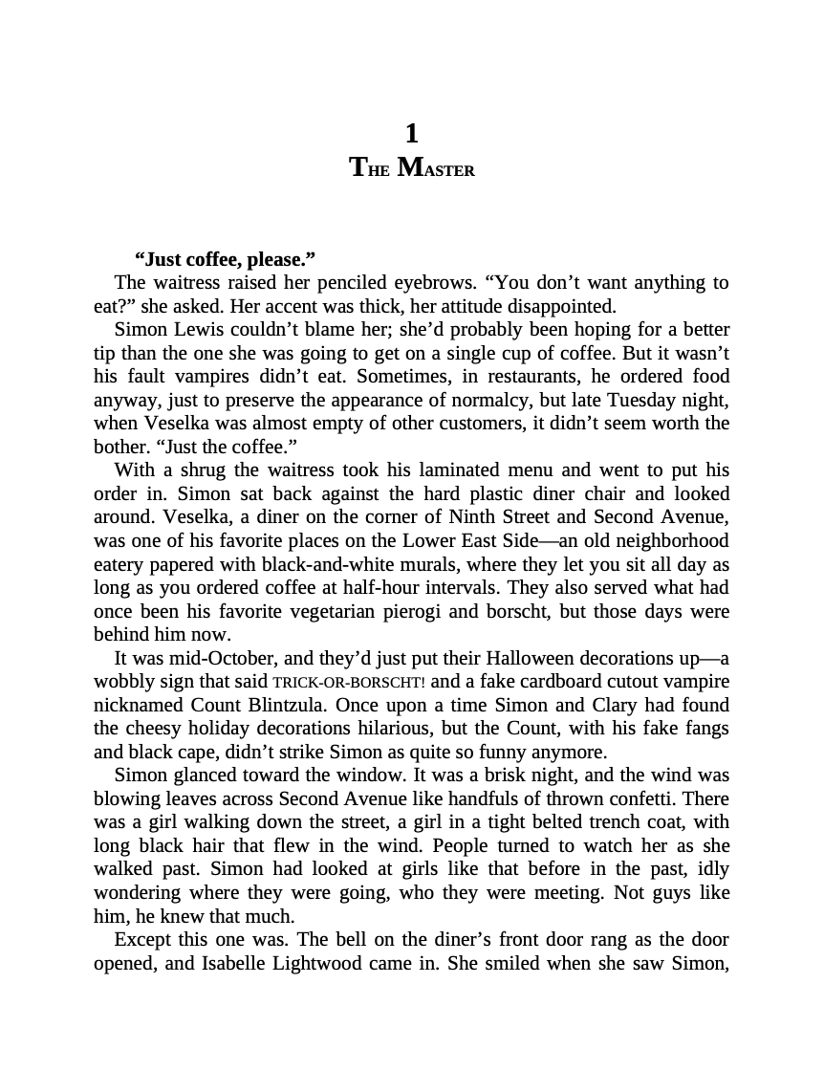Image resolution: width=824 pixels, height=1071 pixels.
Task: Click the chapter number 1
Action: (x=411, y=134)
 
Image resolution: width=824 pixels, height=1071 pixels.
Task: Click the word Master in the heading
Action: (x=436, y=167)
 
